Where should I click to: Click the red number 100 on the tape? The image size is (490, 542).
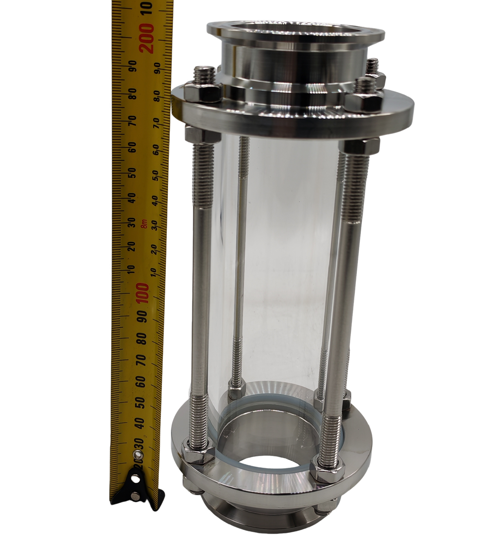pyautogui.click(x=143, y=294)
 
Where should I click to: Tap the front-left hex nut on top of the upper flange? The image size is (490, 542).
pyautogui.click(x=202, y=93)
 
